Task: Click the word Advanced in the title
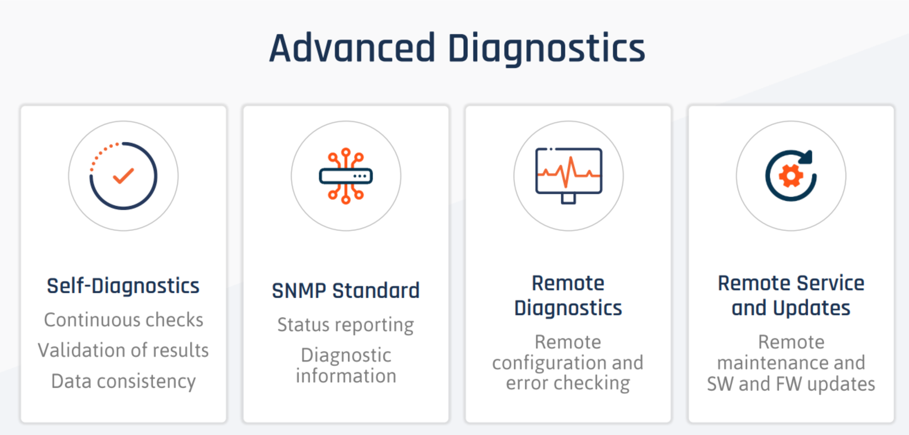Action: (x=352, y=47)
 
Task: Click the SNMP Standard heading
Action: (x=346, y=291)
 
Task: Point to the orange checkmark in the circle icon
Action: (x=123, y=176)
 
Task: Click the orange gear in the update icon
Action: (x=791, y=176)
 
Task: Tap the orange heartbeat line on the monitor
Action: (x=568, y=172)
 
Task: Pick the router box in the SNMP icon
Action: (x=346, y=176)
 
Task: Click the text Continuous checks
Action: (x=124, y=320)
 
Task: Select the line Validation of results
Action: (x=124, y=350)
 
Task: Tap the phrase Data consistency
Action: (x=124, y=382)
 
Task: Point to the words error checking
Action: (x=568, y=383)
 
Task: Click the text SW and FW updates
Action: (x=791, y=384)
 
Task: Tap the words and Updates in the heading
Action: (x=791, y=308)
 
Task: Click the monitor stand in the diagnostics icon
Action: (x=568, y=198)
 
